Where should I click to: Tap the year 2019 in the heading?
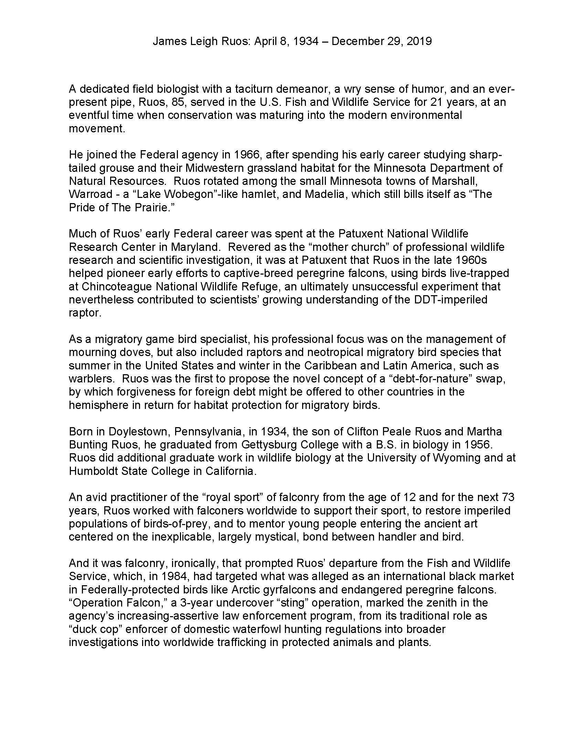click(419, 42)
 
